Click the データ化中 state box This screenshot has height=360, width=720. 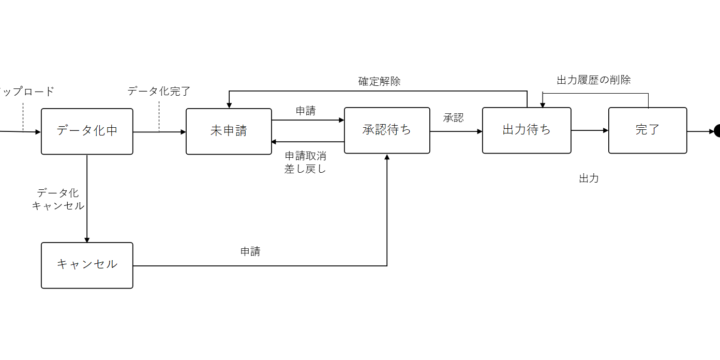pos(86,131)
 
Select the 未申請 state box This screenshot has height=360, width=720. pos(229,131)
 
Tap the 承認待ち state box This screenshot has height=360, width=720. pos(387,131)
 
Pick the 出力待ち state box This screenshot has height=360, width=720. pos(526,131)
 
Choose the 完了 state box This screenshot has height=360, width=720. pos(647,131)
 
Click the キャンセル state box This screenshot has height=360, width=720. pos(86,265)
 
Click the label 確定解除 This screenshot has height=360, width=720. pos(380,80)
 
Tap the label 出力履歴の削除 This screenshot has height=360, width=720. pos(594,80)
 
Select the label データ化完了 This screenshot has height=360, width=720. pos(160,91)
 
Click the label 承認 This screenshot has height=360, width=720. pos(454,118)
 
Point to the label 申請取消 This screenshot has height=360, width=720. pos(305,155)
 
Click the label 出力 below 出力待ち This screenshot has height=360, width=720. pos(589,178)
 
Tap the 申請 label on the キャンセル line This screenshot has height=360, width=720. pos(251,251)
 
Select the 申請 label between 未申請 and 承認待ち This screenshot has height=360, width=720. pos(306,110)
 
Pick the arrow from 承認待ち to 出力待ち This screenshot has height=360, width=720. pos(456,131)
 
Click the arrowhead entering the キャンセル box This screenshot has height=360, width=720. pos(87,238)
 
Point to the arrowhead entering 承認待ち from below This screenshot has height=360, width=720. pos(387,158)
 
